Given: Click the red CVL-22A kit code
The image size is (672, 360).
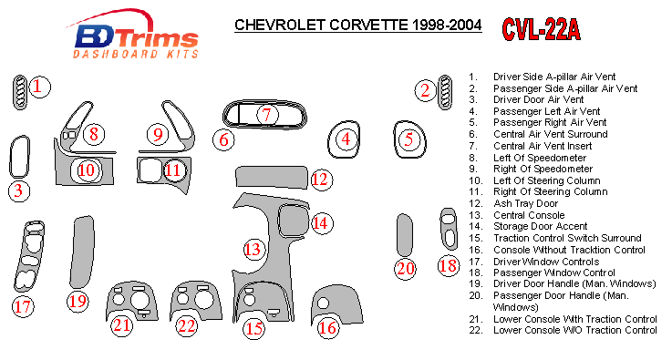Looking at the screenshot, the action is coord(542,29).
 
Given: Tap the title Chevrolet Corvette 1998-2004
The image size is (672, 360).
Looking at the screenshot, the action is coord(357,25).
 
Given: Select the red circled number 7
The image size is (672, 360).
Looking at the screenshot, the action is coord(267,115).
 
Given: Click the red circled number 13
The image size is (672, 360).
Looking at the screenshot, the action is coord(253,249).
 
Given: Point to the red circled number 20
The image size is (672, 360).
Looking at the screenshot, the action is coord(405,269).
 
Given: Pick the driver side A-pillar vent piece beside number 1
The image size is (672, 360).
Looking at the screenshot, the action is coord(20,92).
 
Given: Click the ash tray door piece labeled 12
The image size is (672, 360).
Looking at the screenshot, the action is coord(272,178).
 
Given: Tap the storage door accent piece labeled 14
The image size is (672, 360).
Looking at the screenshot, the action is coord(293,221).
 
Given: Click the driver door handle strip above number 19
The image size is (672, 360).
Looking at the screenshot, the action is coord(82,252).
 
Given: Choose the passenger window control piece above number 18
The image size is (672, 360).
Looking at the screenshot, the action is coord(449,230).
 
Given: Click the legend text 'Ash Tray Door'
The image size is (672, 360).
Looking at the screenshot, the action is coord(525,203).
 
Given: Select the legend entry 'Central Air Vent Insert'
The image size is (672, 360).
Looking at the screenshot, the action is coord(543,146).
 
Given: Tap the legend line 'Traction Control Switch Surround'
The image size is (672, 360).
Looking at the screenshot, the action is coord(567,238).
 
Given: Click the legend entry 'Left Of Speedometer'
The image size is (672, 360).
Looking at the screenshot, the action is coord(540,158).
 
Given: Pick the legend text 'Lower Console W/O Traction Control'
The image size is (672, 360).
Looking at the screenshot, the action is coord(574,331).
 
